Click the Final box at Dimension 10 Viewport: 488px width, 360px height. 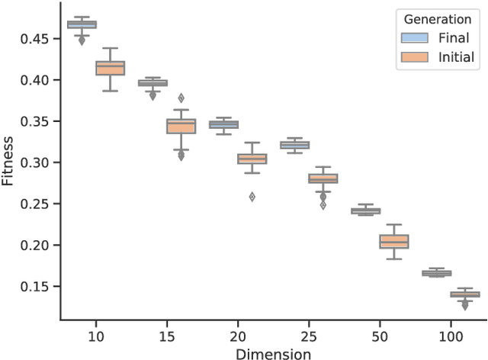(x=82, y=24)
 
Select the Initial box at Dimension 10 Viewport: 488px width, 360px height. (x=111, y=68)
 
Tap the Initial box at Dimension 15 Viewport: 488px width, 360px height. (x=181, y=126)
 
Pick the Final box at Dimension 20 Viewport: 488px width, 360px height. (x=223, y=124)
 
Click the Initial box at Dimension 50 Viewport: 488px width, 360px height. (x=393, y=241)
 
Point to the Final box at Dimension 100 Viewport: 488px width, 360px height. (x=436, y=272)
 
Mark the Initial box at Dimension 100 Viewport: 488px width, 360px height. (x=464, y=294)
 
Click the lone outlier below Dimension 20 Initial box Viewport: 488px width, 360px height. (x=252, y=196)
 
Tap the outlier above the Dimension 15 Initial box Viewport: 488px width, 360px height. (x=181, y=98)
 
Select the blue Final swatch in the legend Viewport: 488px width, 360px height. (x=416, y=37)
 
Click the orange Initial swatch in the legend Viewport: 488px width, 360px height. (x=416, y=56)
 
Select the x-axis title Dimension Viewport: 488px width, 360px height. (x=273, y=353)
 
